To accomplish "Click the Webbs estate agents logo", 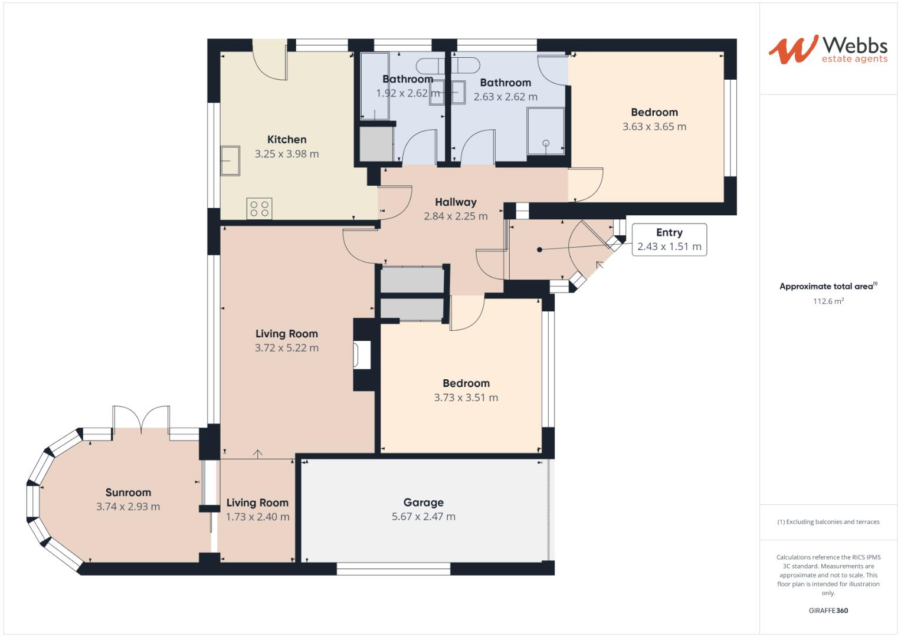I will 827,50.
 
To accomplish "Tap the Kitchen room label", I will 287,140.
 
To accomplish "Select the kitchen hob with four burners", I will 260,208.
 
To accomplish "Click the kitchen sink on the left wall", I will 230,160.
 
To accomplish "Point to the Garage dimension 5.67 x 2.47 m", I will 423,517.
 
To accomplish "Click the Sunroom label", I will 128,492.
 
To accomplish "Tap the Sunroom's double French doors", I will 142,419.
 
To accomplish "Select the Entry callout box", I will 669,239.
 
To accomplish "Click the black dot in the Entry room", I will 539,249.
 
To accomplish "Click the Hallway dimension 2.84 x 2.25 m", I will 456,216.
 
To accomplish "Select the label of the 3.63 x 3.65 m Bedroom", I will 654,112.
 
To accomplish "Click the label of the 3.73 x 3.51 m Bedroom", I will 466,383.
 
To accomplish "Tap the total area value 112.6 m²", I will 828,301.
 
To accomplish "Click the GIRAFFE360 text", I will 828,610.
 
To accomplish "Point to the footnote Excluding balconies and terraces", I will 828,522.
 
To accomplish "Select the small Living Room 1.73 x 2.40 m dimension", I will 257,517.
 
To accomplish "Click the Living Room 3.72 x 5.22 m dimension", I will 287,348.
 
